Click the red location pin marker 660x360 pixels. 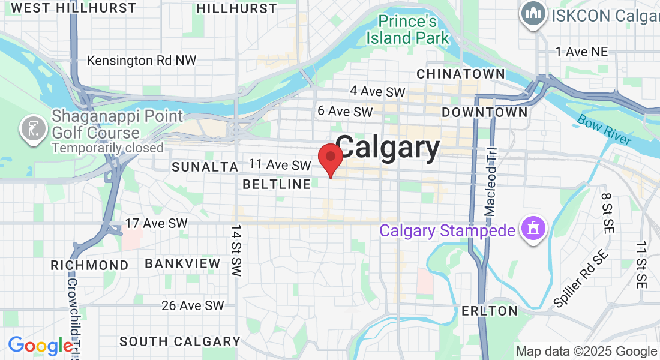pyautogui.click(x=330, y=158)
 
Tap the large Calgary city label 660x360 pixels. pyautogui.click(x=388, y=148)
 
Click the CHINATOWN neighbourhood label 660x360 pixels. pyautogui.click(x=460, y=74)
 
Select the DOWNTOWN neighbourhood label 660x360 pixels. pyautogui.click(x=485, y=112)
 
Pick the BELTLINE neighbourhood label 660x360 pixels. pyautogui.click(x=277, y=184)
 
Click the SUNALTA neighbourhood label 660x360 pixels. pyautogui.click(x=205, y=167)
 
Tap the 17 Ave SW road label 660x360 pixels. pyautogui.click(x=156, y=223)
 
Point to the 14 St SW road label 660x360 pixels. pyautogui.click(x=236, y=251)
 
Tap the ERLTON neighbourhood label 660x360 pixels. pyautogui.click(x=490, y=311)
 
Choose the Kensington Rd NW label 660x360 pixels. pyautogui.click(x=142, y=61)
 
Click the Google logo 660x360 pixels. pyautogui.click(x=40, y=346)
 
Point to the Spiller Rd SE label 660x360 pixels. pyautogui.click(x=581, y=280)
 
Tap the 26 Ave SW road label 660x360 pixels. pyautogui.click(x=193, y=305)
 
